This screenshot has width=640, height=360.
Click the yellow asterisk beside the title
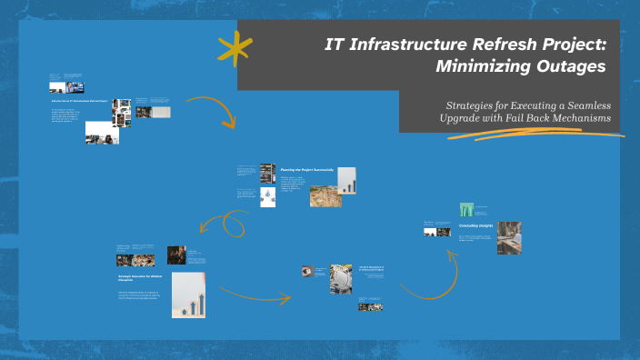coord(235,48)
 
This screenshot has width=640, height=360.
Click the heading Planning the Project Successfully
coord(307,169)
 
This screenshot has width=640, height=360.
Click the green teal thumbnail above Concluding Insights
coord(466,209)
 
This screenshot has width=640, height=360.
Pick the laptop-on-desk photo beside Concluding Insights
coord(509,237)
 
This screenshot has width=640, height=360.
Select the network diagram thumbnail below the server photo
coord(268,196)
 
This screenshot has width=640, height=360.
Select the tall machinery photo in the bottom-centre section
coord(341,279)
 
